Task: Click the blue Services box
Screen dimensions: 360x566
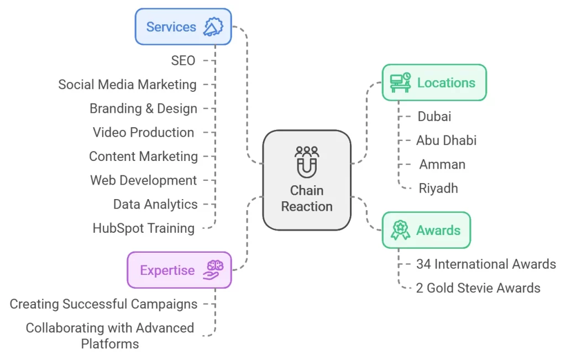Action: (183, 27)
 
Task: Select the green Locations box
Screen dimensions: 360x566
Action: (434, 82)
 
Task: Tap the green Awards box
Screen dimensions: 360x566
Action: (426, 229)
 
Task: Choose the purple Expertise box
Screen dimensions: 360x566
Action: (179, 270)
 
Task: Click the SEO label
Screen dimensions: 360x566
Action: (183, 60)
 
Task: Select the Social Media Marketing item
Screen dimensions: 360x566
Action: (127, 85)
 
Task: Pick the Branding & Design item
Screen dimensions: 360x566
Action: (143, 108)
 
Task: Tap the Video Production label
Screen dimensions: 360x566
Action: (143, 132)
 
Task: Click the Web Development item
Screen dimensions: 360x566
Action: (143, 180)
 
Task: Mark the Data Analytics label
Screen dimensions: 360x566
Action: (155, 204)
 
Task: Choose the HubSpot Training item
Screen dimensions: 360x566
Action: (143, 228)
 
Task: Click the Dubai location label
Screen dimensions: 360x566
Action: (434, 116)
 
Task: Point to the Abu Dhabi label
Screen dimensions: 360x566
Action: (446, 140)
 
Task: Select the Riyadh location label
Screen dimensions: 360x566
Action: (438, 188)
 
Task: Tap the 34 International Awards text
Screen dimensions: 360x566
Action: (486, 264)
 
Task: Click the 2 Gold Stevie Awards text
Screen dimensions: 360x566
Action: (478, 288)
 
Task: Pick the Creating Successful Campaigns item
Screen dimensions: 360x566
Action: (103, 304)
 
